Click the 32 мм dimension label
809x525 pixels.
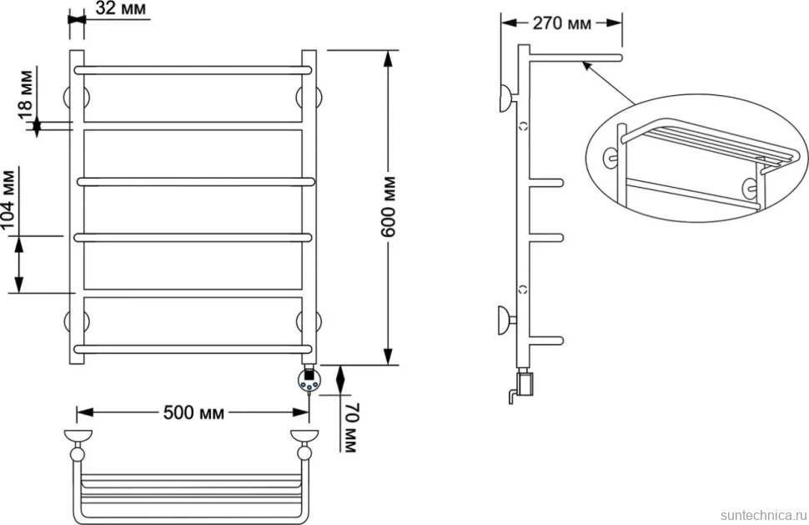(121, 8)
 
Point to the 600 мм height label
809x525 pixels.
(388, 207)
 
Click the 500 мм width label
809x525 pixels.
(194, 412)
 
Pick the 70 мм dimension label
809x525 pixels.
(349, 427)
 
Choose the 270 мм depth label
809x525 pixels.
(562, 23)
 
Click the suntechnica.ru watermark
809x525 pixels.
(764, 515)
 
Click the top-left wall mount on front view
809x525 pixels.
(77, 97)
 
